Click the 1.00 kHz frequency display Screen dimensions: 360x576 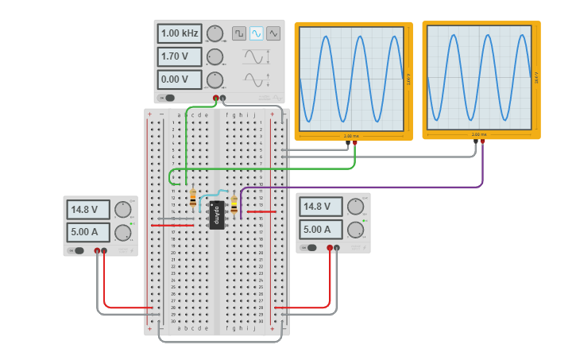pyautogui.click(x=180, y=33)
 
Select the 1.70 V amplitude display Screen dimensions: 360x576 pyautogui.click(x=180, y=56)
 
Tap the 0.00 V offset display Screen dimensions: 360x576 pyautogui.click(x=180, y=79)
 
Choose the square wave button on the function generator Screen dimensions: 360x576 pyautogui.click(x=239, y=33)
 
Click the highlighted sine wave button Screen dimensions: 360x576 pyautogui.click(x=256, y=33)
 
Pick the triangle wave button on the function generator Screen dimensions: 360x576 pyautogui.click(x=273, y=33)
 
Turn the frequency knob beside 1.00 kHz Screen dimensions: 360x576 pyautogui.click(x=215, y=33)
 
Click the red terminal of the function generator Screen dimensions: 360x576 pyautogui.click(x=216, y=98)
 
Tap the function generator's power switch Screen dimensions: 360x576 pyautogui.click(x=167, y=98)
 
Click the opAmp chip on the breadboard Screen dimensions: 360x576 pyautogui.click(x=216, y=215)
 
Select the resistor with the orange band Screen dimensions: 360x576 pyautogui.click(x=193, y=199)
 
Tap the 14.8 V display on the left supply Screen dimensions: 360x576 pyautogui.click(x=89, y=211)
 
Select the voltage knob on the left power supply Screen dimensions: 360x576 pyautogui.click(x=122, y=210)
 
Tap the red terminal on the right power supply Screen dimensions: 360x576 pyautogui.click(x=330, y=248)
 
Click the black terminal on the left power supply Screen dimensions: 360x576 pyautogui.click(x=104, y=251)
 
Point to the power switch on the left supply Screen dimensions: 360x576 pyautogui.click(x=76, y=251)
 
